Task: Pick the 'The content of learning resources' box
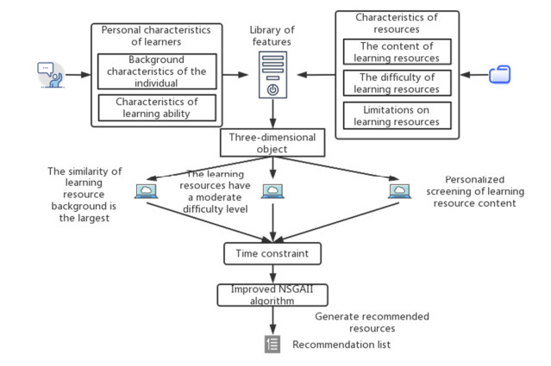(396, 52)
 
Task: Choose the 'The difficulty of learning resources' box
(396, 84)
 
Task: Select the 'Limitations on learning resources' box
(396, 115)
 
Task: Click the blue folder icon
(500, 75)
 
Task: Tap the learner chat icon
(50, 75)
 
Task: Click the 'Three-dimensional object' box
(272, 143)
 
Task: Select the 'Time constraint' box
(272, 254)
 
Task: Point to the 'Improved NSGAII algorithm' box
(272, 295)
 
